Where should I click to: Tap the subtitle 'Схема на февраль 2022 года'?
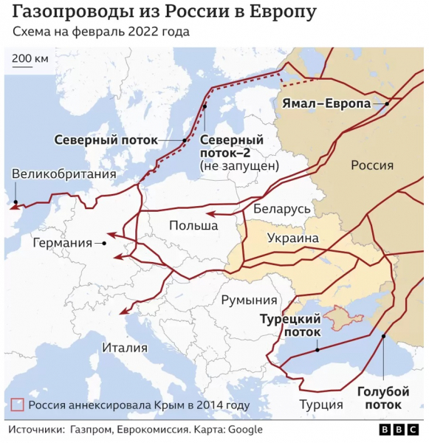(x=100, y=32)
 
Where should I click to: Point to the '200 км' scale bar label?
(x=30, y=58)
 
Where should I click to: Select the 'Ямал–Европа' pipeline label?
(x=326, y=104)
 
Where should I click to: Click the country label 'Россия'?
(x=371, y=165)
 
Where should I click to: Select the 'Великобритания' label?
(x=64, y=174)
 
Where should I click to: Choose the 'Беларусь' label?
(x=282, y=209)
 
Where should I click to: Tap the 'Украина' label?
(x=292, y=238)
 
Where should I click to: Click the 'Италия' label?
(x=125, y=348)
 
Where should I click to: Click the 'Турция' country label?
(x=320, y=404)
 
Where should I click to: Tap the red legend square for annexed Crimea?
(x=18, y=405)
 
